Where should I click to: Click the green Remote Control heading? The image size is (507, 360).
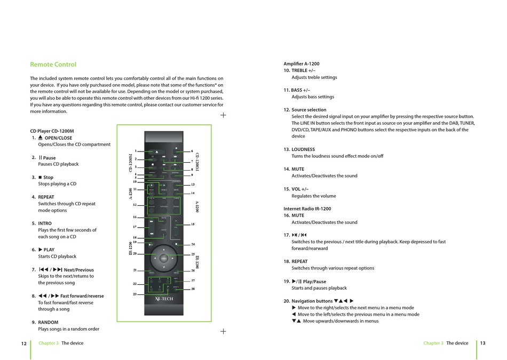click(53, 65)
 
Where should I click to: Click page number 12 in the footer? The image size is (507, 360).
click(23, 343)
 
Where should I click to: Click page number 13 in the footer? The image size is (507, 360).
click(482, 343)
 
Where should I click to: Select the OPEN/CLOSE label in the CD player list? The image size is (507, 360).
click(58, 138)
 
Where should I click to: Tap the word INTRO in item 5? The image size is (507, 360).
click(45, 223)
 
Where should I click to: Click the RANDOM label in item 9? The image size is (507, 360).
click(48, 322)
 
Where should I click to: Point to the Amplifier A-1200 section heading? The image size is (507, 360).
click(301, 64)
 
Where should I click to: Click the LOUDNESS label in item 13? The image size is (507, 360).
click(303, 149)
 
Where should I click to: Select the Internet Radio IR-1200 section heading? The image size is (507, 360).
click(307, 209)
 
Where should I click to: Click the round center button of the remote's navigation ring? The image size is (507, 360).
click(164, 259)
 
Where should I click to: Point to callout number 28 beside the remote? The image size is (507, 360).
click(193, 289)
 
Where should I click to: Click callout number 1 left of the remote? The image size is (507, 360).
click(136, 151)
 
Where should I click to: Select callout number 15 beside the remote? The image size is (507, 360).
click(193, 225)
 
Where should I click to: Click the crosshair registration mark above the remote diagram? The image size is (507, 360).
click(223, 115)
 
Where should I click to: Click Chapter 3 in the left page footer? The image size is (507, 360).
click(49, 343)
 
